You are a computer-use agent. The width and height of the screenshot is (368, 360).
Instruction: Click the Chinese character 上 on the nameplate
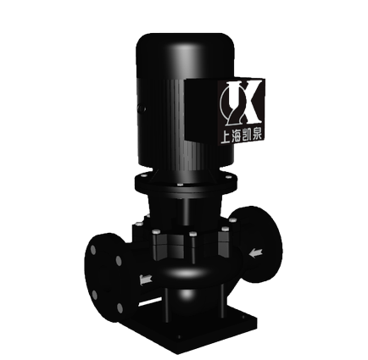point(226,138)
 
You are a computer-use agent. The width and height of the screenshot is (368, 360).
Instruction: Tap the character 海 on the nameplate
point(237,137)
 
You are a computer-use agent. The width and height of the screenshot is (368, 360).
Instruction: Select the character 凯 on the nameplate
point(247,136)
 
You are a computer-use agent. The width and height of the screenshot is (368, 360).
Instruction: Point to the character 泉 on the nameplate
point(258,136)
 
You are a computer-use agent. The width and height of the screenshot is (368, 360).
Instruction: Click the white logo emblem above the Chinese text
point(240,103)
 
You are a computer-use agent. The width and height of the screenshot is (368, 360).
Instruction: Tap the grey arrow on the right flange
point(255,252)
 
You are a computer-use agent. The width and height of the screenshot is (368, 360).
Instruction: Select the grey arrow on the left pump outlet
point(146,280)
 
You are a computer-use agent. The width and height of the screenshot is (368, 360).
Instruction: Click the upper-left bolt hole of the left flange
point(93,250)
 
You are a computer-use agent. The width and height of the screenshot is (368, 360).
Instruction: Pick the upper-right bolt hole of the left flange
point(119,261)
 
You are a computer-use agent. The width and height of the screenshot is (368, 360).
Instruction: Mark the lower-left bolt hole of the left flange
point(95,295)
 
